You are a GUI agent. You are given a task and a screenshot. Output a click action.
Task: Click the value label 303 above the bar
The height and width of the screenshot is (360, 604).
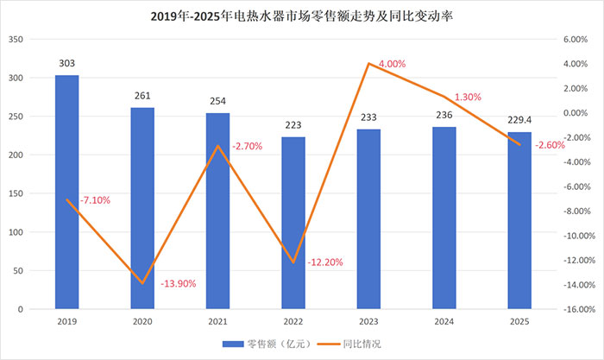(x=66, y=63)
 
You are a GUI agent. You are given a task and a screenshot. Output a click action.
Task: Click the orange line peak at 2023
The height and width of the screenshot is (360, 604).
(x=368, y=64)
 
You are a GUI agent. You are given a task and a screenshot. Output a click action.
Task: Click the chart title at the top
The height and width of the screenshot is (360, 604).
(x=302, y=15)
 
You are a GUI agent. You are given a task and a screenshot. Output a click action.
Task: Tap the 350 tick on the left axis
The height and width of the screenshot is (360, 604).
(x=16, y=40)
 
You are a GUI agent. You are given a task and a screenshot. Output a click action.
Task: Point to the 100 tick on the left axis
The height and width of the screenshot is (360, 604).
(x=16, y=232)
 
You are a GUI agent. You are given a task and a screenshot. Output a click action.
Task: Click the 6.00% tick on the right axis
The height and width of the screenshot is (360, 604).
(x=574, y=40)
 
